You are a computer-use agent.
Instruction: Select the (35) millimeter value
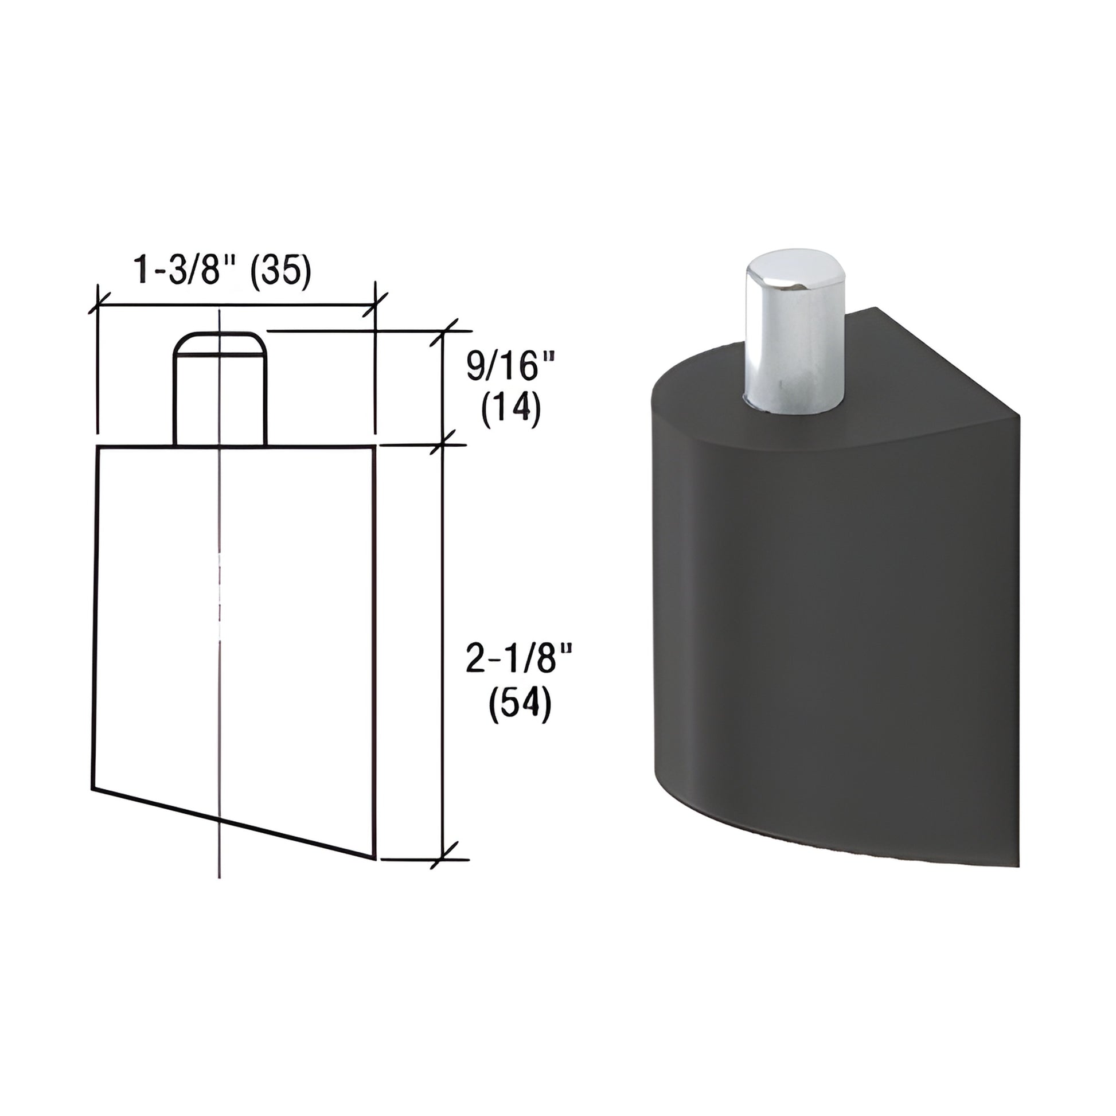click(281, 270)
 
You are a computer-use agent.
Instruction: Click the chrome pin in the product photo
click(794, 346)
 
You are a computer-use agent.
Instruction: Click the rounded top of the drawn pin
click(221, 342)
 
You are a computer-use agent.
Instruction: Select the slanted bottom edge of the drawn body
click(234, 822)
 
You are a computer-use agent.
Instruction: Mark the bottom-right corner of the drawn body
click(376, 859)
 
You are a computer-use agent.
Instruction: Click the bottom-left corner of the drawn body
click(93, 788)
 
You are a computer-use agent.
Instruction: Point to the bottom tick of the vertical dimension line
click(443, 859)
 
